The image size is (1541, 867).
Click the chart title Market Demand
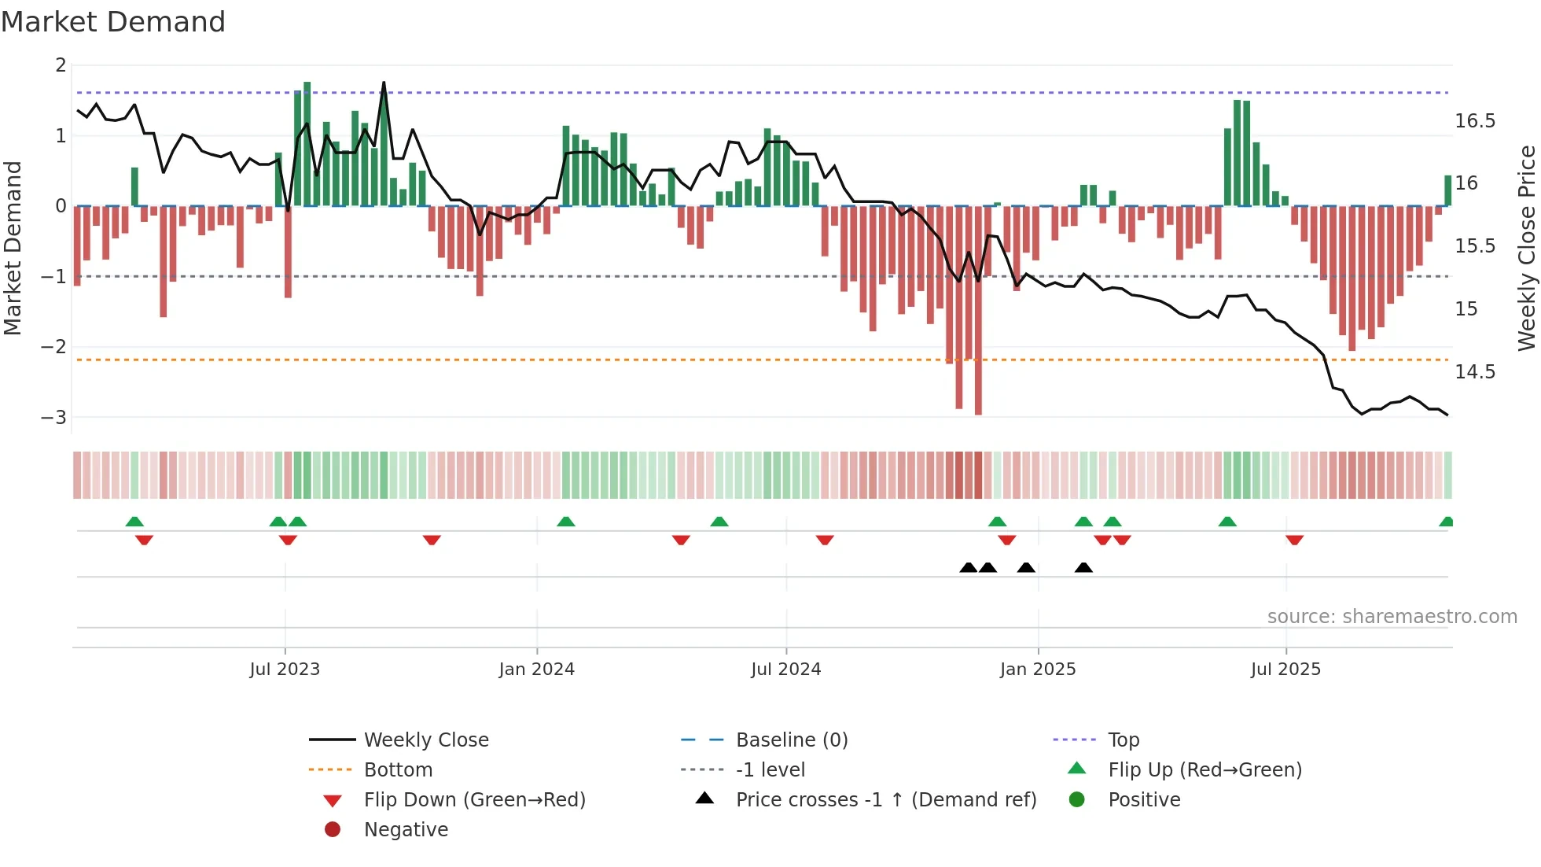[113, 22]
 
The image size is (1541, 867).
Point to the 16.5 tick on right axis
[1474, 121]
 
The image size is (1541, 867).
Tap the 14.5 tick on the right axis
[1474, 371]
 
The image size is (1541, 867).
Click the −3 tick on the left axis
[54, 417]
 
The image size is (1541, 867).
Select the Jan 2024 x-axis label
[536, 670]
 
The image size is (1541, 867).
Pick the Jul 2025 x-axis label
[1285, 670]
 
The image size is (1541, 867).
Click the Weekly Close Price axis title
[1526, 248]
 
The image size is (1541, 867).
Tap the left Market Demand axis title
[13, 248]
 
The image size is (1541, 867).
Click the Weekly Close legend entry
[425, 740]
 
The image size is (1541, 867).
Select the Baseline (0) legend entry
[791, 740]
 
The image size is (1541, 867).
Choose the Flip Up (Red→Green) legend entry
[1204, 770]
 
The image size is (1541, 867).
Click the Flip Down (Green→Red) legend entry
[474, 800]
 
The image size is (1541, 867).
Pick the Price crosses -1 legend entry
[885, 800]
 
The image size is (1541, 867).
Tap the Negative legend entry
[406, 830]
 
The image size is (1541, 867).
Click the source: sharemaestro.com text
[1392, 617]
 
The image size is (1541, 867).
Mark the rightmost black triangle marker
[1083, 567]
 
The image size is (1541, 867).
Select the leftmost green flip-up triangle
[134, 522]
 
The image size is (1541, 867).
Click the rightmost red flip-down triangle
[1294, 540]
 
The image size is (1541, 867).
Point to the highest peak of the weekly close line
[384, 83]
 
